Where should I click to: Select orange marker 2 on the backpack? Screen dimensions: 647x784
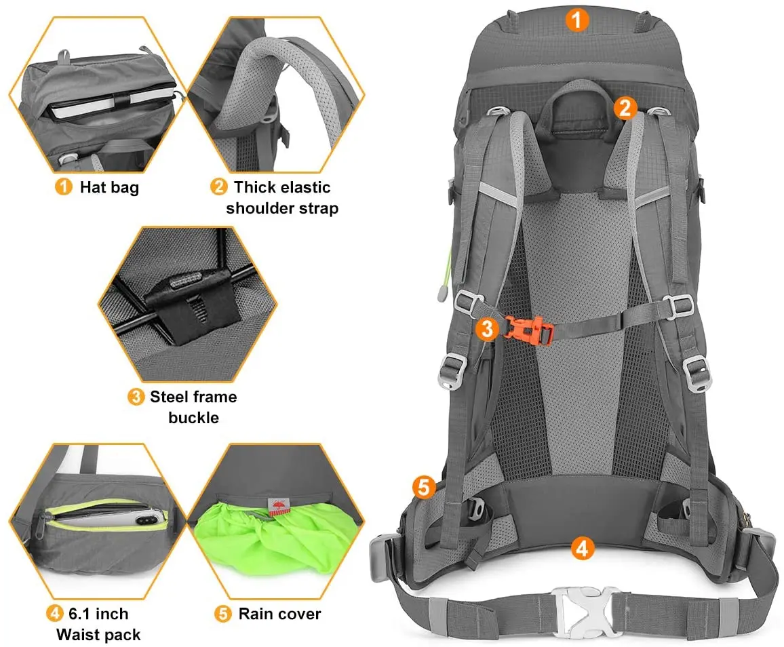[625, 107]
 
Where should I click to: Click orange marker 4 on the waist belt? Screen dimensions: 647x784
[581, 547]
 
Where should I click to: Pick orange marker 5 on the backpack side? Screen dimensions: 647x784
[423, 487]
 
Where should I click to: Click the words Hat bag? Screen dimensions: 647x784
[109, 187]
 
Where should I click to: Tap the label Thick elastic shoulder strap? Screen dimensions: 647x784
[281, 197]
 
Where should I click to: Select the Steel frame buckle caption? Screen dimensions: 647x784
[193, 406]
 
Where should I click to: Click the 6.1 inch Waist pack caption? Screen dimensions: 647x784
[98, 624]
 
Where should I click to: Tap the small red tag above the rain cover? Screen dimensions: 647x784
[278, 506]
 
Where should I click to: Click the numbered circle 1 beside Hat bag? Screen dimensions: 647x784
[63, 187]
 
